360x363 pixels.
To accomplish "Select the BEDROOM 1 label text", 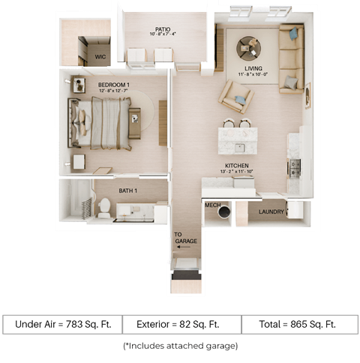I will [x=112, y=84].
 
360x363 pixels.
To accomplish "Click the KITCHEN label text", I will [x=238, y=166].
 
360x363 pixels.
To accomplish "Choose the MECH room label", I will [x=211, y=203].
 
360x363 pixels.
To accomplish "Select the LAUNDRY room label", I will [x=271, y=211].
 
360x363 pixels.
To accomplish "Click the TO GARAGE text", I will [x=184, y=238].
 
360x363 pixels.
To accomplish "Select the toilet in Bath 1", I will [x=103, y=207].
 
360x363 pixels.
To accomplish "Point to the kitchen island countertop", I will [x=237, y=139].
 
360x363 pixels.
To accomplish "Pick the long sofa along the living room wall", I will [x=291, y=58].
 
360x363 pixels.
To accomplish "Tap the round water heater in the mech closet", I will [x=224, y=212].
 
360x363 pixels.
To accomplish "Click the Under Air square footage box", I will [x=61, y=324].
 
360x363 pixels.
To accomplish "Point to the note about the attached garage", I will [x=180, y=346].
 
